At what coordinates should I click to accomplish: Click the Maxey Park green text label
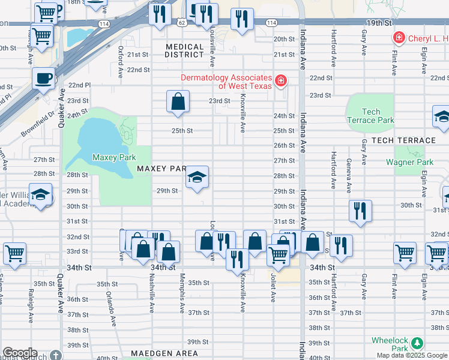(113, 158)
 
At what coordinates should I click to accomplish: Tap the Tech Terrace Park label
(371, 116)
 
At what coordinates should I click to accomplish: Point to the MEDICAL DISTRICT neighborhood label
(184, 51)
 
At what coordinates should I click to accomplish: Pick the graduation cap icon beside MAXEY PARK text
(197, 178)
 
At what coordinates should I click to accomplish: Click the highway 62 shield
(181, 22)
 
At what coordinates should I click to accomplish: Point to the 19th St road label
(378, 22)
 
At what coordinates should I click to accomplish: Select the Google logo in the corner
(20, 353)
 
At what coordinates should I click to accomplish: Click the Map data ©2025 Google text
(412, 355)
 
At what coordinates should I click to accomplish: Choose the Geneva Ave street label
(348, 176)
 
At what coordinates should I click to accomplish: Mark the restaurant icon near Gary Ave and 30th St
(360, 211)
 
